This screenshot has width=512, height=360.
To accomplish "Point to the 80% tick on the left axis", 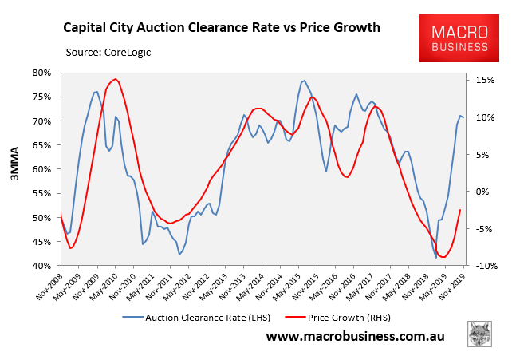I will (42, 73).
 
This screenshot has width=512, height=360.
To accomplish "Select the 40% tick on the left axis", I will (42, 266).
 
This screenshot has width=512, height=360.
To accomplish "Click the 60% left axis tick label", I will (42, 169).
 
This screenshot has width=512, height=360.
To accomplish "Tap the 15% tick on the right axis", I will (485, 80).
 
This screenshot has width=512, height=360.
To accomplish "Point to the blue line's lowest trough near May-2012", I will (180, 255).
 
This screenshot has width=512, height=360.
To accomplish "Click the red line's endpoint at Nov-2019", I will (460, 210).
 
